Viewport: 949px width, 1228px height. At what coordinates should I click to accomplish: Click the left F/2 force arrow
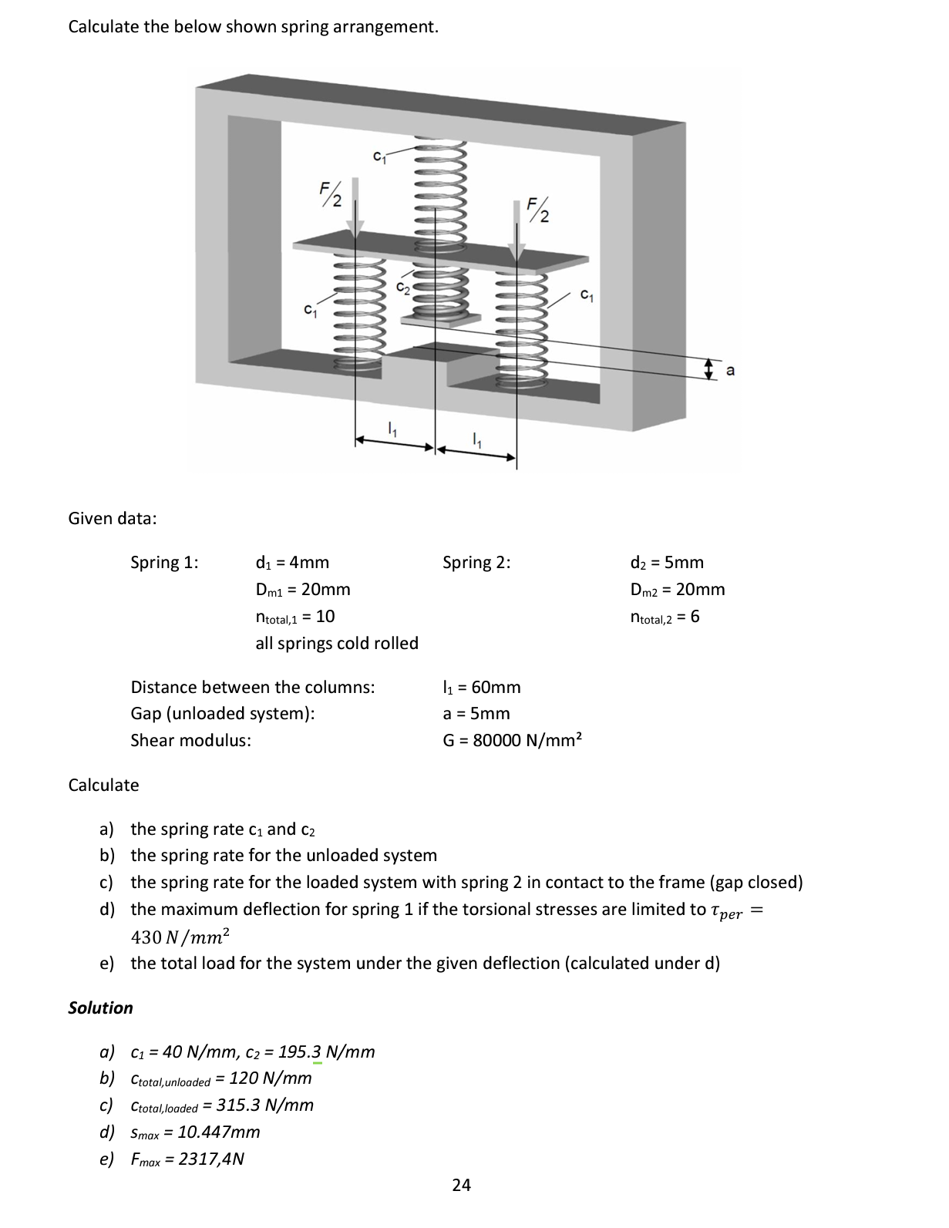355,208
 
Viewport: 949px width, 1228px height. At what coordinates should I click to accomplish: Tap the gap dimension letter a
731,372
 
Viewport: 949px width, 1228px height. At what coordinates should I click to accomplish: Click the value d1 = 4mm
292,563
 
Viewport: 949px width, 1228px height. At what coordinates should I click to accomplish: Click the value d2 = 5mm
666,563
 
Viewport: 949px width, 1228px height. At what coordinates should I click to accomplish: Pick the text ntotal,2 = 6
665,617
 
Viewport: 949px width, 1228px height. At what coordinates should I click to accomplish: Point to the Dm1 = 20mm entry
302,590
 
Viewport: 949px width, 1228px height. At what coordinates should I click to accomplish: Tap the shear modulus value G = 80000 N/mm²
512,741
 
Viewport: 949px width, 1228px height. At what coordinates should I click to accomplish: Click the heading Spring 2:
476,563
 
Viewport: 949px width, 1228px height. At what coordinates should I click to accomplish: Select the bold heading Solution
100,1008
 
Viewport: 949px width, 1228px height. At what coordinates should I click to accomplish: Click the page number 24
461,1186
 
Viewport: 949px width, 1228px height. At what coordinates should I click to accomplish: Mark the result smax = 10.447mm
195,1132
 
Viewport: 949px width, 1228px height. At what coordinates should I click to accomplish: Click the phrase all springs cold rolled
337,644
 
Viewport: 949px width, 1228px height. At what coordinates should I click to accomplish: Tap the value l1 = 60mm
482,688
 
